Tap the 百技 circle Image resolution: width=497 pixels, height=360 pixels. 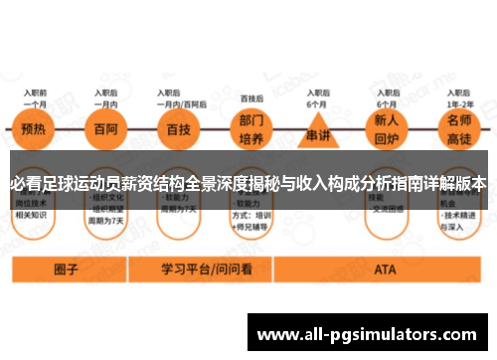pos(180,130)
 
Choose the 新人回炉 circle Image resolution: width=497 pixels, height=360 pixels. pos(388,130)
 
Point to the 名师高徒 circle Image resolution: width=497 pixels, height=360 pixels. pos(459,130)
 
